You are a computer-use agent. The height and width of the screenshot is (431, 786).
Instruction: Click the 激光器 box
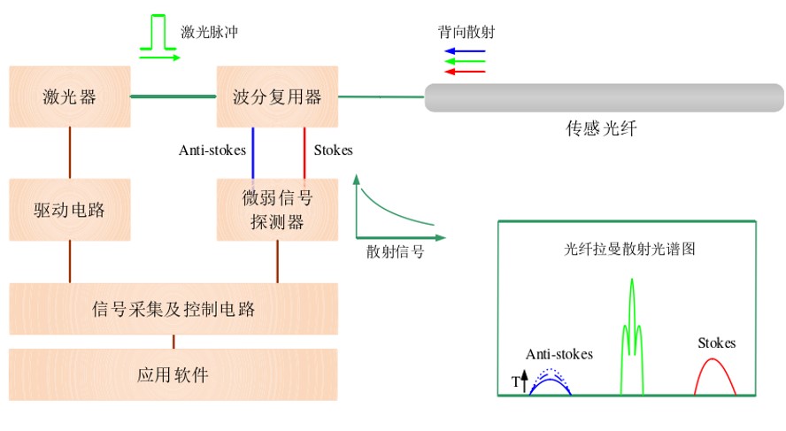tap(69, 96)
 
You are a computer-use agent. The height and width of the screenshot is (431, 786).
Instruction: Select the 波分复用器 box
tap(277, 96)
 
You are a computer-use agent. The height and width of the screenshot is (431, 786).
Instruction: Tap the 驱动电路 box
tap(69, 210)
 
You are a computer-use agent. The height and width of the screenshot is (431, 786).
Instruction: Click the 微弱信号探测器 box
tap(277, 210)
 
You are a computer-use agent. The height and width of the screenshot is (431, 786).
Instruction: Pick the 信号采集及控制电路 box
tap(173, 309)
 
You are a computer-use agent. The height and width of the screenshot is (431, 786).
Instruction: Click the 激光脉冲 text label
tap(210, 32)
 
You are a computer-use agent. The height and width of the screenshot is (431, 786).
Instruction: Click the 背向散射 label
tap(466, 32)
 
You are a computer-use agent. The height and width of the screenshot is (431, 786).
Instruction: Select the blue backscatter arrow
tap(465, 51)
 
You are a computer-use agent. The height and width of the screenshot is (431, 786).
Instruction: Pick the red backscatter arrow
tap(465, 72)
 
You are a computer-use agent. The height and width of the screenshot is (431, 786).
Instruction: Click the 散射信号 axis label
tap(395, 251)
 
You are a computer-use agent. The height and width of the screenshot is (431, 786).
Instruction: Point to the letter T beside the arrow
tap(515, 382)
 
